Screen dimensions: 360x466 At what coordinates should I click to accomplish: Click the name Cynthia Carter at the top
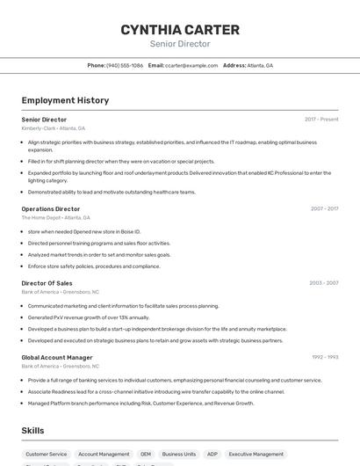click(x=180, y=30)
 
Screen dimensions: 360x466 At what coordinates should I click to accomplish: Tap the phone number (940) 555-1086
click(x=125, y=65)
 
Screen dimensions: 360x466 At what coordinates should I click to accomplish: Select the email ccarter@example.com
click(x=191, y=65)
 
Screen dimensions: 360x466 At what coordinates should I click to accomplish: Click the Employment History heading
click(x=65, y=100)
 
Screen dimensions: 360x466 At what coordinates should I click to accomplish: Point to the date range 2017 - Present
click(x=321, y=119)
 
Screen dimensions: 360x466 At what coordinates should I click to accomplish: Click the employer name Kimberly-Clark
click(x=38, y=128)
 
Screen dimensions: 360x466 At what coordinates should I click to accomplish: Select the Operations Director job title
click(x=51, y=208)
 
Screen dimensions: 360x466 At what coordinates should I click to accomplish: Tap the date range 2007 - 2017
click(x=324, y=208)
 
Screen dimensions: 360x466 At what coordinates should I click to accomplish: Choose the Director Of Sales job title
click(x=47, y=283)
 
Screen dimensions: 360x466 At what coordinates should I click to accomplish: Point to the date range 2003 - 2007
click(x=324, y=283)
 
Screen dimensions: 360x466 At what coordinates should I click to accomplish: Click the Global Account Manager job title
click(x=57, y=357)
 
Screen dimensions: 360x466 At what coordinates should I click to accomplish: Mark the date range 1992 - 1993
click(x=325, y=357)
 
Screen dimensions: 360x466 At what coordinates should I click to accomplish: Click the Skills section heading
click(x=33, y=431)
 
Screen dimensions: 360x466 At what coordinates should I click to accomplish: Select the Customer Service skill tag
click(x=47, y=455)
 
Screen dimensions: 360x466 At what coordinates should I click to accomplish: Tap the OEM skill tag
click(x=146, y=455)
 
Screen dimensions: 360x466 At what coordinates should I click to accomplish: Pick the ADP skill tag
click(x=212, y=455)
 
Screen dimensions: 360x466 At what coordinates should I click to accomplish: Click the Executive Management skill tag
click(x=256, y=455)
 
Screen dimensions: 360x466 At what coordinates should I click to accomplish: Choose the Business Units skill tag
click(x=179, y=455)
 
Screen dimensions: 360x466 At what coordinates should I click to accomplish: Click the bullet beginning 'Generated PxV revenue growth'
click(x=89, y=317)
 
